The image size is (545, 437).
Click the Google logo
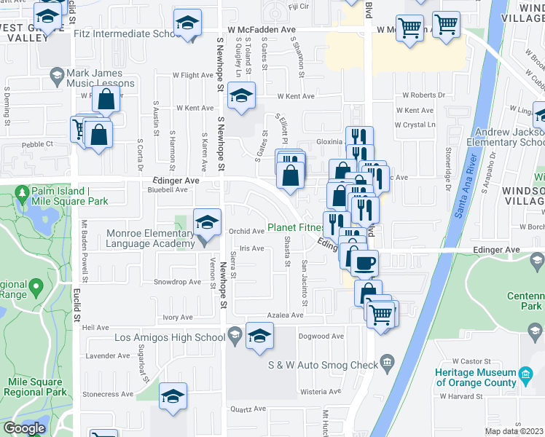pos(24,428)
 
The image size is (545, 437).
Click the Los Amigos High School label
pos(170,337)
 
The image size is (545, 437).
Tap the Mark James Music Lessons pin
pos(56,74)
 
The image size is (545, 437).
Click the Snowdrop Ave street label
pos(176,282)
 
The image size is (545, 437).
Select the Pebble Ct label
pos(38,144)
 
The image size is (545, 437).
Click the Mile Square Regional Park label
pos(29,387)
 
